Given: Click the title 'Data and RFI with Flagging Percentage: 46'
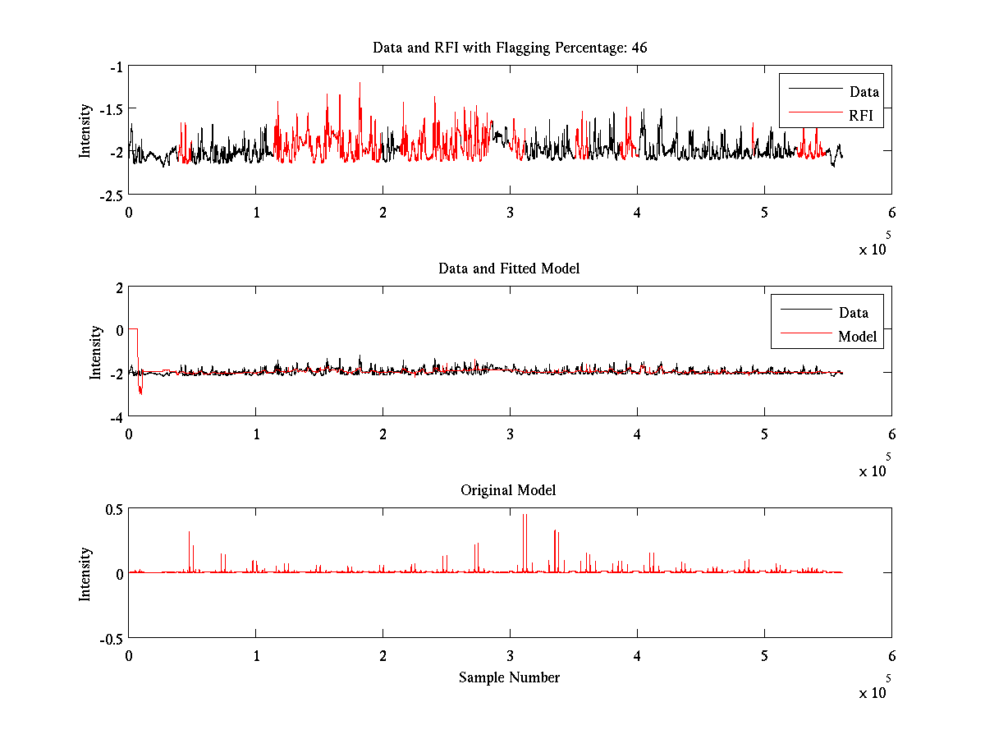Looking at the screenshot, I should click(510, 48).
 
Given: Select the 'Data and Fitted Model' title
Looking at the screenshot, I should click(509, 269).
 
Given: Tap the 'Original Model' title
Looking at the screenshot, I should click(508, 490).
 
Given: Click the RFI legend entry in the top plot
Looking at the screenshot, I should click(866, 117).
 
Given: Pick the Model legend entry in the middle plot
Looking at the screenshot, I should click(857, 337).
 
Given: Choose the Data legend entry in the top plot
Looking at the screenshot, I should click(864, 92).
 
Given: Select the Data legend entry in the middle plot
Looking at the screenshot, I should click(853, 313).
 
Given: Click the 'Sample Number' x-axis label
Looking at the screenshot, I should click(509, 677).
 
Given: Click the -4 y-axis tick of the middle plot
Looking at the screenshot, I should click(116, 416).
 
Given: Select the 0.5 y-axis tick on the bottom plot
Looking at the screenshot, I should click(113, 509).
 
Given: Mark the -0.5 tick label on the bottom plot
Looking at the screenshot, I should click(111, 638).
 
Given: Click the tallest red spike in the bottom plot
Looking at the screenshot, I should click(523, 516).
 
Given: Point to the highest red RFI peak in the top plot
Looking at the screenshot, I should click(360, 83).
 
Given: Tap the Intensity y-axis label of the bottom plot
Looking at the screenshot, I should click(85, 574).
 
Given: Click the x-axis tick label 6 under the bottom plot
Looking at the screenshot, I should click(891, 657).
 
